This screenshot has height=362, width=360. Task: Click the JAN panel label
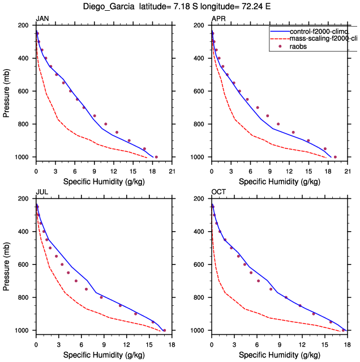click(42, 19)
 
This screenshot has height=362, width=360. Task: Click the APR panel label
click(218, 19)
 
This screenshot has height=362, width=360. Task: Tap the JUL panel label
click(42, 192)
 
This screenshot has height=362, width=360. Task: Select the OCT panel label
click(218, 192)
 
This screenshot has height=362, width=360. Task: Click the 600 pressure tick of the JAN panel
click(24, 91)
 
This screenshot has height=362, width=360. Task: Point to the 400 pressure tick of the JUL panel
click(24, 232)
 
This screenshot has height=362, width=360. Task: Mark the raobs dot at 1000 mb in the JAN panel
click(156, 157)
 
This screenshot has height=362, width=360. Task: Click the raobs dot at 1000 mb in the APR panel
click(335, 157)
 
